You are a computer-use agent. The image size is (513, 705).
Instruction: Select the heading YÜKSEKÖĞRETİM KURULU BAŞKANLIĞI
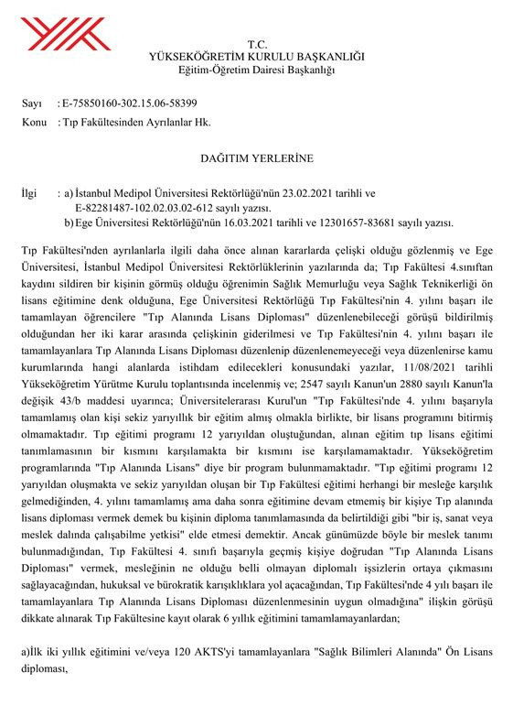(x=256, y=57)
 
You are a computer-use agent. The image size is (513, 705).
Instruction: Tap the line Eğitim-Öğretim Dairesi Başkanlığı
(x=256, y=70)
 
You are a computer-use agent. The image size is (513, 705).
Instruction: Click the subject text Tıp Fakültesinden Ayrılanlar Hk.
(x=123, y=121)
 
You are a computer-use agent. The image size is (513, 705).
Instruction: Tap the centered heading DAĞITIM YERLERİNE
(x=256, y=158)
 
